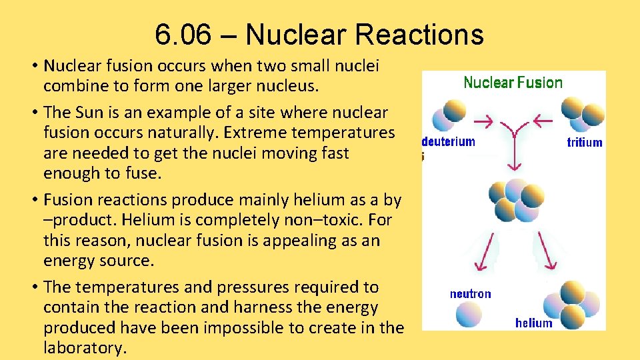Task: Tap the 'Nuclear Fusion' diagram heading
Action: click(513, 83)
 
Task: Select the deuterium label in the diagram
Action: click(449, 141)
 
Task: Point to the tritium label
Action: click(584, 142)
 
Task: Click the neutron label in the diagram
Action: click(470, 293)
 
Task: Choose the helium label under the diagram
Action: click(533, 323)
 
